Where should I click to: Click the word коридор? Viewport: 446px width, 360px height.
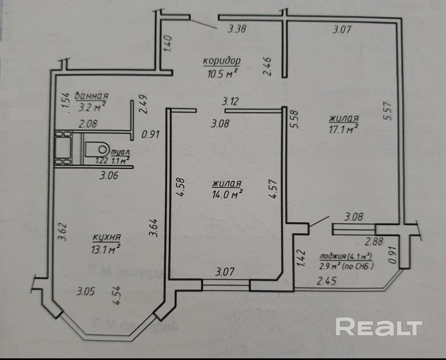(x=221, y=62)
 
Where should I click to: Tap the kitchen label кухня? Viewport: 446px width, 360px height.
(x=107, y=237)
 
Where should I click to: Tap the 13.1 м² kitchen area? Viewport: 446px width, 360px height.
(x=106, y=249)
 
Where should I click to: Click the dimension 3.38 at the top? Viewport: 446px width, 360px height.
(x=237, y=29)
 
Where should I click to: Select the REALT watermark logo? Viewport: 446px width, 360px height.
(x=379, y=327)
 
